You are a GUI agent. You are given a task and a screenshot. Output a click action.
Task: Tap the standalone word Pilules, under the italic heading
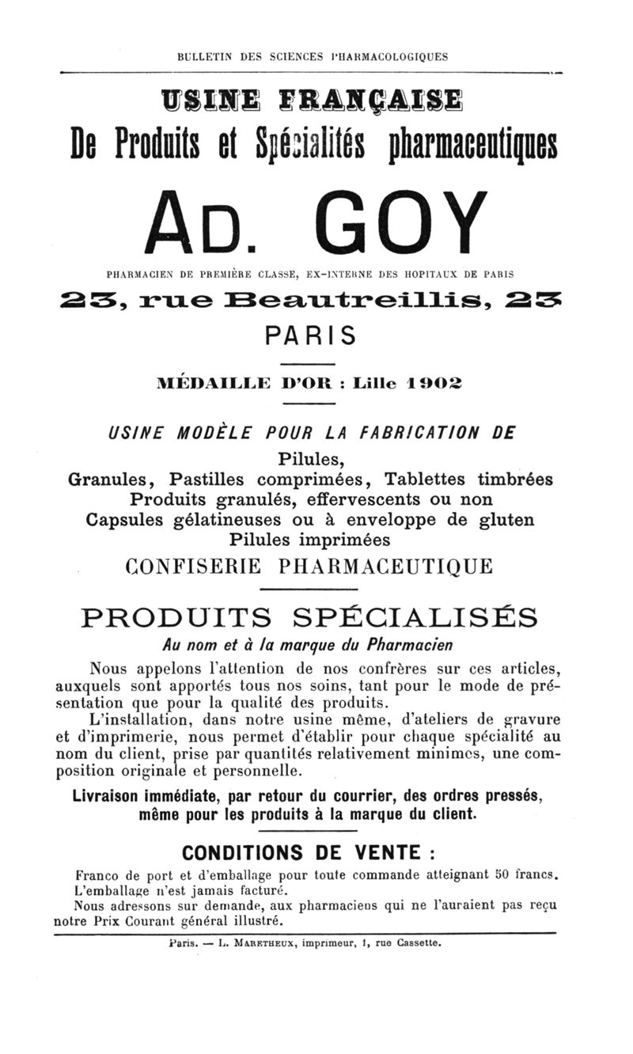311,459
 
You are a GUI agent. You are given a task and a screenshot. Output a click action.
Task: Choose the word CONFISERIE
192,567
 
